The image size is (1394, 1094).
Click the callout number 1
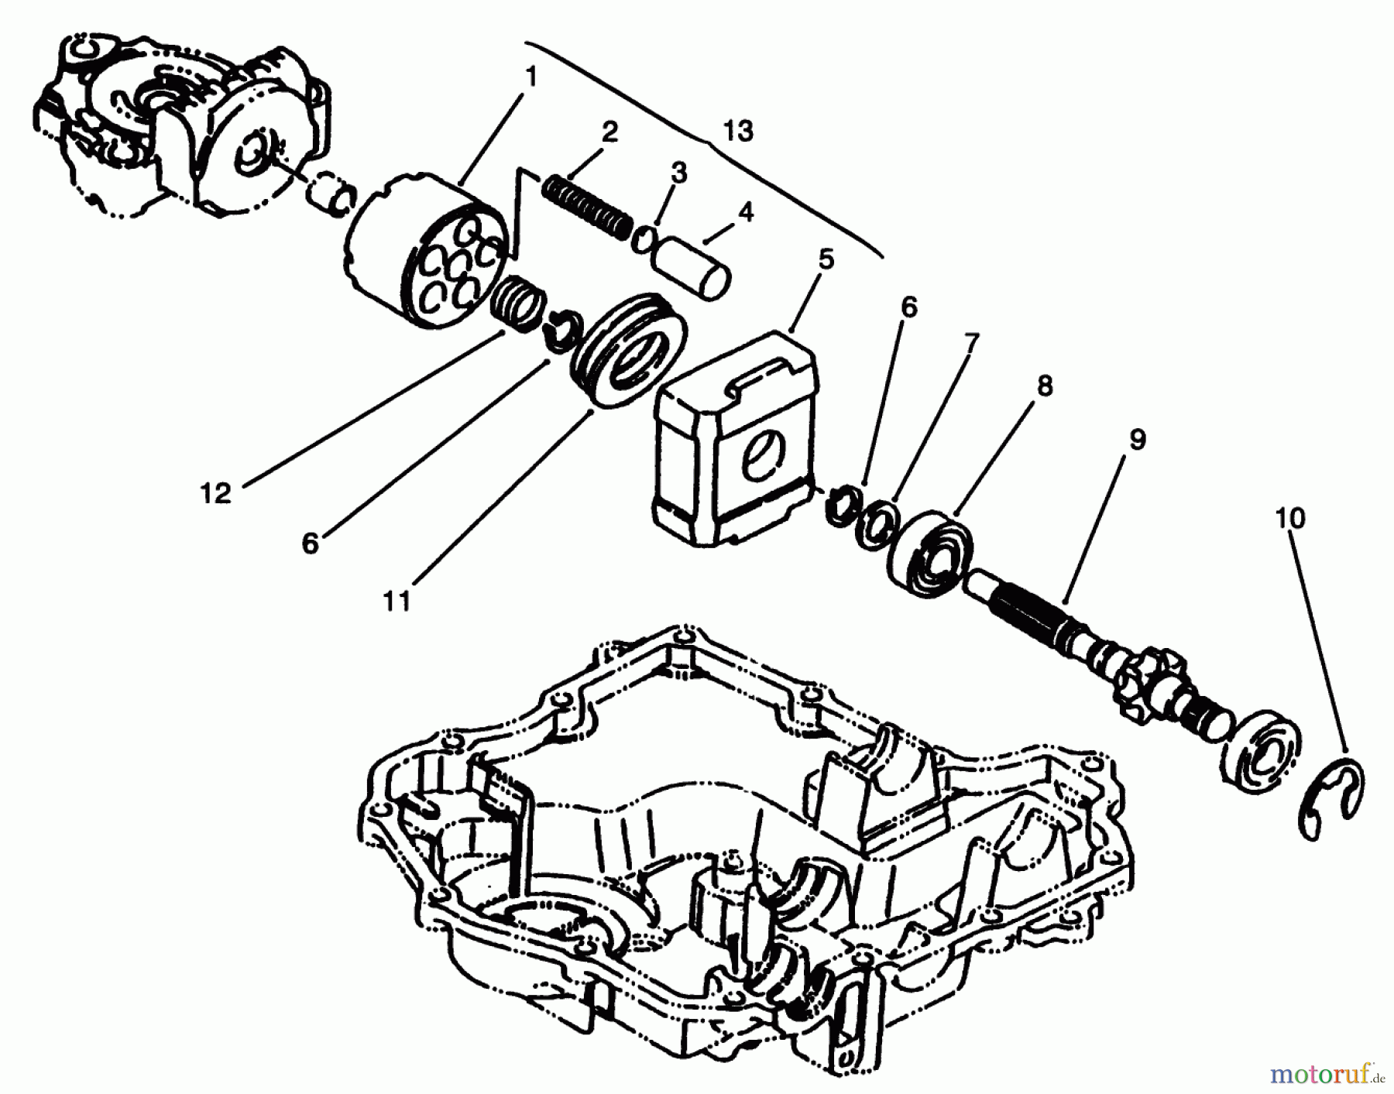[530, 77]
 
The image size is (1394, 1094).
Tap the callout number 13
[739, 132]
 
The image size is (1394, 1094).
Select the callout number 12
[216, 493]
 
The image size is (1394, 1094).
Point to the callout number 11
[397, 600]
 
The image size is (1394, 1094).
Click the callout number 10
[1290, 518]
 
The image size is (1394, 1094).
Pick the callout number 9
[1137, 440]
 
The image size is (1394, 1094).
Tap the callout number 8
[1045, 386]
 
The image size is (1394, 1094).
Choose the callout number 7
[971, 340]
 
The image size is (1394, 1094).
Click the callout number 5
[826, 259]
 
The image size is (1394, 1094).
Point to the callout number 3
[678, 173]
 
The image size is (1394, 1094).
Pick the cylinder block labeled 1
[426, 248]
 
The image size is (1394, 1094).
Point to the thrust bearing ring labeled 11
[627, 348]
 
